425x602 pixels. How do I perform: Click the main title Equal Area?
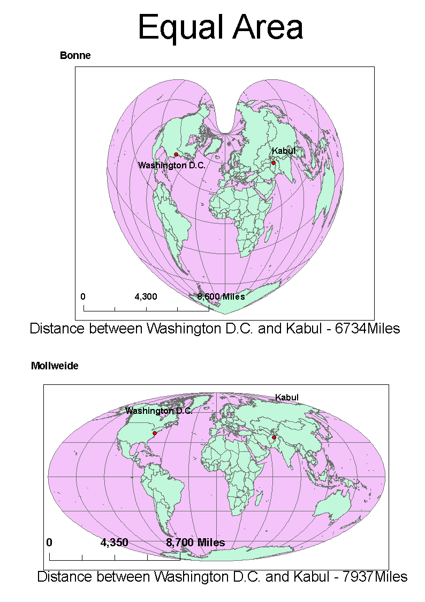coord(220,27)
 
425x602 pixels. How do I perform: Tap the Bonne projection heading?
coord(75,55)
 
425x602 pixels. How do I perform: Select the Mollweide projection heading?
coord(55,366)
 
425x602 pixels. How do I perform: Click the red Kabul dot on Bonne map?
coord(273,163)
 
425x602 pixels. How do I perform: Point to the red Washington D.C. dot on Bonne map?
coord(176,154)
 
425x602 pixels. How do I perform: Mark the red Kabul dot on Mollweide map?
coord(274,438)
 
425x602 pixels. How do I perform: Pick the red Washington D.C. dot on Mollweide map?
coord(155,433)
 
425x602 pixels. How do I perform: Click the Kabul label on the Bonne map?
coord(284,151)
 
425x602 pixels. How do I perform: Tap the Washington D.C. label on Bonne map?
coord(172,166)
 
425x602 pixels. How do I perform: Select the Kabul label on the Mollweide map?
coord(287,397)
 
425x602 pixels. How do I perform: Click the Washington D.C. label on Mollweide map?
coord(159,411)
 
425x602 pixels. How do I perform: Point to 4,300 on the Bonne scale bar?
coord(146,296)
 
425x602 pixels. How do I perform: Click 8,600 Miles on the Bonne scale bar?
coord(221,296)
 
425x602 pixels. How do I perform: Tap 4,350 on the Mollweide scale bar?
coord(114,542)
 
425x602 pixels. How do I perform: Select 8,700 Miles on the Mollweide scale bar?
coord(195,542)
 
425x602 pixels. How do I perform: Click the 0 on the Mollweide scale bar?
coord(49,542)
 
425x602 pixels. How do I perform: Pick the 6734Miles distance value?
coord(367,329)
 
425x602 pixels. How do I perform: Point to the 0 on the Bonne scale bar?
coord(83,296)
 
